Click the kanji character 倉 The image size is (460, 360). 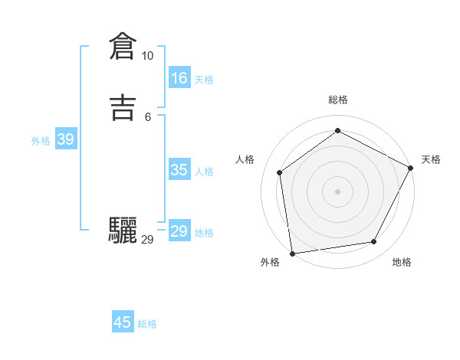123,47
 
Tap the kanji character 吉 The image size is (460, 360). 123,108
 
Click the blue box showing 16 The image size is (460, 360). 179,78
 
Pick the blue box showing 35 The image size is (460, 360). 179,170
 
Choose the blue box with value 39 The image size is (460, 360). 65,139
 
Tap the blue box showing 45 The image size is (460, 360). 123,322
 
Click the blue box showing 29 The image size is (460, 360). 179,231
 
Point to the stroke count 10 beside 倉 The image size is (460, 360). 147,56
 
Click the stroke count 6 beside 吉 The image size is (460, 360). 148,116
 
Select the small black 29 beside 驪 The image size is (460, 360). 147,240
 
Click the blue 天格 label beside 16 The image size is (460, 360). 204,80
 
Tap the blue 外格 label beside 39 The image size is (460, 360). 41,141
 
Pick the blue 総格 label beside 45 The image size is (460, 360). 147,324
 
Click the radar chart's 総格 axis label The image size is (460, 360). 337,100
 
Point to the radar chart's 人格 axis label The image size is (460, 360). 245,159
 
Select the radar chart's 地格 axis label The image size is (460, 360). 402,262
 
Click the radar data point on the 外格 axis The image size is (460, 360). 292,253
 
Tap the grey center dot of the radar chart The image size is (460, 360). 337,191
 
